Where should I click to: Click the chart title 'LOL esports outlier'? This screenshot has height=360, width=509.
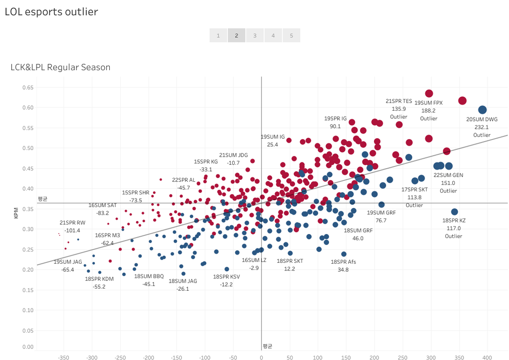coord(51,12)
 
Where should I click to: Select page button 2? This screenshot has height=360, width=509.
coord(236,36)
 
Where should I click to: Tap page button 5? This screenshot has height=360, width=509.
coord(291,36)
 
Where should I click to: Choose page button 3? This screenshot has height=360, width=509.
coord(255,36)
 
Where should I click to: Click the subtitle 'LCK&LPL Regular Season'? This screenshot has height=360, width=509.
coord(60,67)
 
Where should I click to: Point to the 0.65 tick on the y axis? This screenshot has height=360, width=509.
coord(27,87)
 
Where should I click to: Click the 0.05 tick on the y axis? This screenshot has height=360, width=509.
coord(27,330)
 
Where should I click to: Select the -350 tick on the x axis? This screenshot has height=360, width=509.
coord(64,358)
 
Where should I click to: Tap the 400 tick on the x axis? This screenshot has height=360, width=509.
coord(487,358)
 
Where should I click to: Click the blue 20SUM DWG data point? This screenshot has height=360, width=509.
coord(482,110)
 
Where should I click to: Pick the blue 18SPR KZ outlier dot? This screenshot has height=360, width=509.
coord(454,212)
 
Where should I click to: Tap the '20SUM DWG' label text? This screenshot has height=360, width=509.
coord(482,120)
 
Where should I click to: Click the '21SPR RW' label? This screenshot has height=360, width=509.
coord(72,223)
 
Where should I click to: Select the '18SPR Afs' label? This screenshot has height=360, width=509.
coord(343,262)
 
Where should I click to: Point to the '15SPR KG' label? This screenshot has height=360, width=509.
coord(206,162)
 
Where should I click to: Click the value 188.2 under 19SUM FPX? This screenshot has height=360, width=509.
coord(428,111)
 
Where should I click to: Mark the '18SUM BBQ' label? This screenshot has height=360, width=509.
coord(149,276)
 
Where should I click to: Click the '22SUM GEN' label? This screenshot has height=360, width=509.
coord(448,175)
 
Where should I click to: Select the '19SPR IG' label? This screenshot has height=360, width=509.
coord(335,119)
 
